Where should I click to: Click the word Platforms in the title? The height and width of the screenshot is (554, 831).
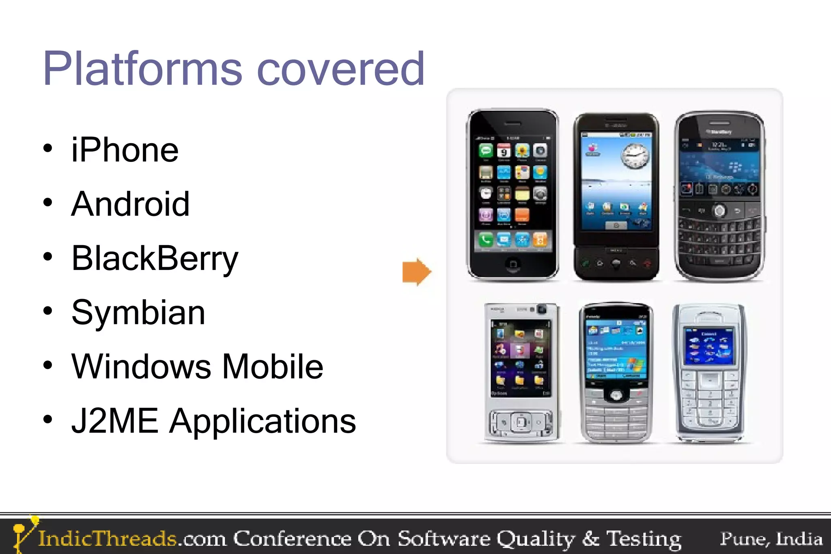coord(142,69)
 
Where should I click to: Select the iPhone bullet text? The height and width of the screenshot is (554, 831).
coord(125,150)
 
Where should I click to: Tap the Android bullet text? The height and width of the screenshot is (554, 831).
coord(130,204)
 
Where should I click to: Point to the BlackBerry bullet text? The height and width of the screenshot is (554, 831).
coord(155,259)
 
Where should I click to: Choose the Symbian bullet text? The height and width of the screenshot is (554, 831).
coord(138,313)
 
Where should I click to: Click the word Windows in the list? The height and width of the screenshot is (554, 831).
coord(141,366)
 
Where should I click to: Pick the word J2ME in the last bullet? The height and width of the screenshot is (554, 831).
coord(114,421)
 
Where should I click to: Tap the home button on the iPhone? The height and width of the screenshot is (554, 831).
coord(513,264)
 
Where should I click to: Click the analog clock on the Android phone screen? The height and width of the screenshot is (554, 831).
coord(635,156)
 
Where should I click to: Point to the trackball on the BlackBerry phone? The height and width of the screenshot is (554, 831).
coord(719,211)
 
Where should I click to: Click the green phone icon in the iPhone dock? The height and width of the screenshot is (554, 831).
coord(486,240)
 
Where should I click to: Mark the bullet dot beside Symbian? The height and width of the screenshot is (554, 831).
coord(48,311)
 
